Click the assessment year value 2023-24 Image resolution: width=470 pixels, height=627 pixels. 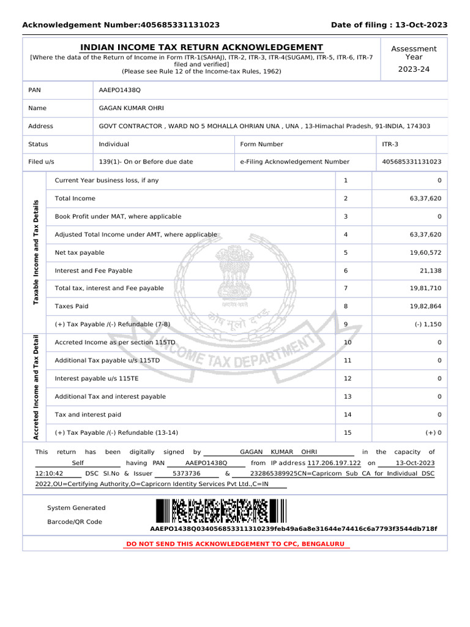[414, 69]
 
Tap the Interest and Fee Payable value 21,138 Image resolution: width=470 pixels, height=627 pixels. [427, 271]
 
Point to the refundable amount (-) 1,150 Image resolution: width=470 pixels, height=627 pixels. [426, 324]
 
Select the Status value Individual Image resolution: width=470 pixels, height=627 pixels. [114, 145]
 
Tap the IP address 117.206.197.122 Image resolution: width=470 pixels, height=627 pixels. [334, 463]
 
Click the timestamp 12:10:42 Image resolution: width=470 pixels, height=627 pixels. [50, 474]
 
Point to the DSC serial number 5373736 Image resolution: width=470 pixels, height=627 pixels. [187, 474]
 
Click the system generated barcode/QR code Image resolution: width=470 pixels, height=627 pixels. [220, 511]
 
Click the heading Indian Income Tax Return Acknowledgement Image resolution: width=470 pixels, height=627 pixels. [202, 48]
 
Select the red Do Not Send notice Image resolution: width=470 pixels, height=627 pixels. [235, 544]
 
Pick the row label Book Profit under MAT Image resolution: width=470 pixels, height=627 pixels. [118, 217]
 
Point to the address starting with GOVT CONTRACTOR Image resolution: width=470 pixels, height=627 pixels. [264, 126]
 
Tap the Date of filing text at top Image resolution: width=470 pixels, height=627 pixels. [389, 25]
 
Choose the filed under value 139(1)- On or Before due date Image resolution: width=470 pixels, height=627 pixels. [146, 162]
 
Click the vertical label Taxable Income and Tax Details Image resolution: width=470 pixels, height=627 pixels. [35, 252]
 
